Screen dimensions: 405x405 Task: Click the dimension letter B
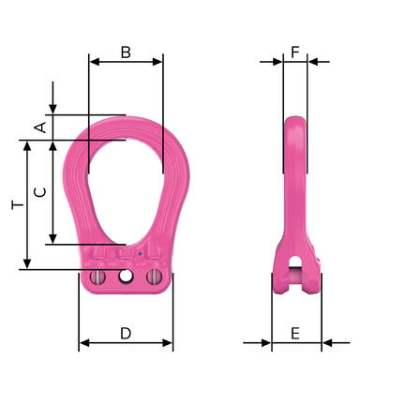click(126, 52)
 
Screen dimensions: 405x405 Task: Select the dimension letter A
click(40, 127)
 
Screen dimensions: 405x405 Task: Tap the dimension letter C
click(40, 192)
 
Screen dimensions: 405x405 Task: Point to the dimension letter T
click(18, 205)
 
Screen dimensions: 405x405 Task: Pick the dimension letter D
click(126, 334)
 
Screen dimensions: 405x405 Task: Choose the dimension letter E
click(295, 334)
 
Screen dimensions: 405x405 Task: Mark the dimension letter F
click(295, 52)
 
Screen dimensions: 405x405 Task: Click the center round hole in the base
click(126, 276)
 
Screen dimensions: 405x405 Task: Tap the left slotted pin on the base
click(97, 277)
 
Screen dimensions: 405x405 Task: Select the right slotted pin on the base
click(154, 277)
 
